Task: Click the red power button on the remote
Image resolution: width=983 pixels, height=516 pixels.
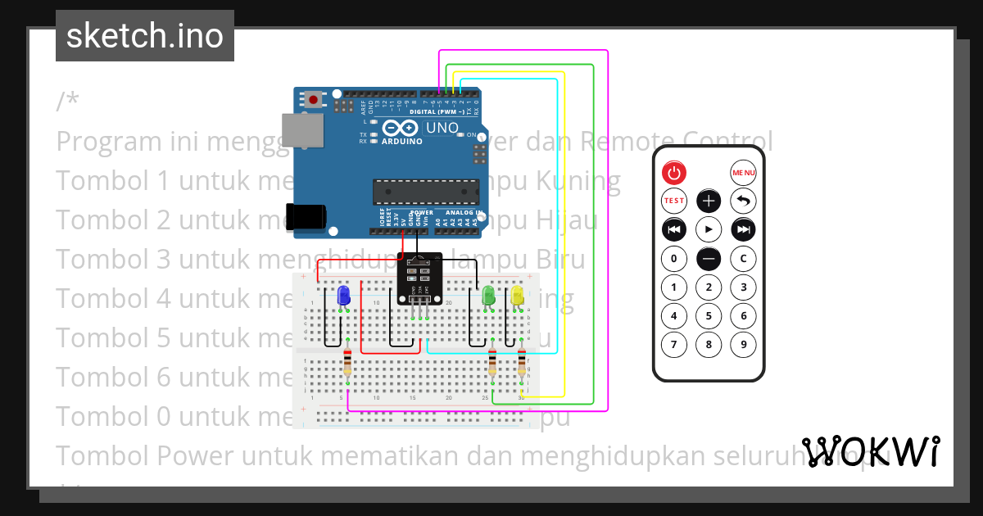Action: (x=673, y=173)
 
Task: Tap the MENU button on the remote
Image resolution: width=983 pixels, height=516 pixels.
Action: (x=743, y=173)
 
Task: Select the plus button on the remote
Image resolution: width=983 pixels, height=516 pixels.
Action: (x=709, y=201)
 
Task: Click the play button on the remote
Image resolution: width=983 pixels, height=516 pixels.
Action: (x=709, y=229)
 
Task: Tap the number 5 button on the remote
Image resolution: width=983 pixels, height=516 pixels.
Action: (x=709, y=315)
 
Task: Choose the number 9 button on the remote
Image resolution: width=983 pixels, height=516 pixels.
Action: (x=743, y=344)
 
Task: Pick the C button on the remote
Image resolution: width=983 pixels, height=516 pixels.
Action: (x=743, y=260)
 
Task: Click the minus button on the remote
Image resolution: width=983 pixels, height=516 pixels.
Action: (x=709, y=259)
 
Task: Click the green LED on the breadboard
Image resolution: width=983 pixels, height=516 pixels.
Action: (x=489, y=296)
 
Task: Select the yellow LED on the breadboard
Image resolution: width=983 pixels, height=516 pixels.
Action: (x=518, y=296)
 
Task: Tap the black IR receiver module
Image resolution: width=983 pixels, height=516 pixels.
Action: (x=419, y=276)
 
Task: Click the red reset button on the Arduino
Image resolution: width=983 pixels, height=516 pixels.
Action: (x=313, y=100)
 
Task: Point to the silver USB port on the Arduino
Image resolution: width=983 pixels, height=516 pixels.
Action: (x=303, y=134)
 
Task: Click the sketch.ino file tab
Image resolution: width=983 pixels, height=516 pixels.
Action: (x=145, y=36)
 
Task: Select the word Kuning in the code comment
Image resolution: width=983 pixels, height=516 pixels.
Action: (x=577, y=180)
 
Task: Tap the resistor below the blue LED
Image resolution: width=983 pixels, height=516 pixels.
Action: (x=347, y=362)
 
